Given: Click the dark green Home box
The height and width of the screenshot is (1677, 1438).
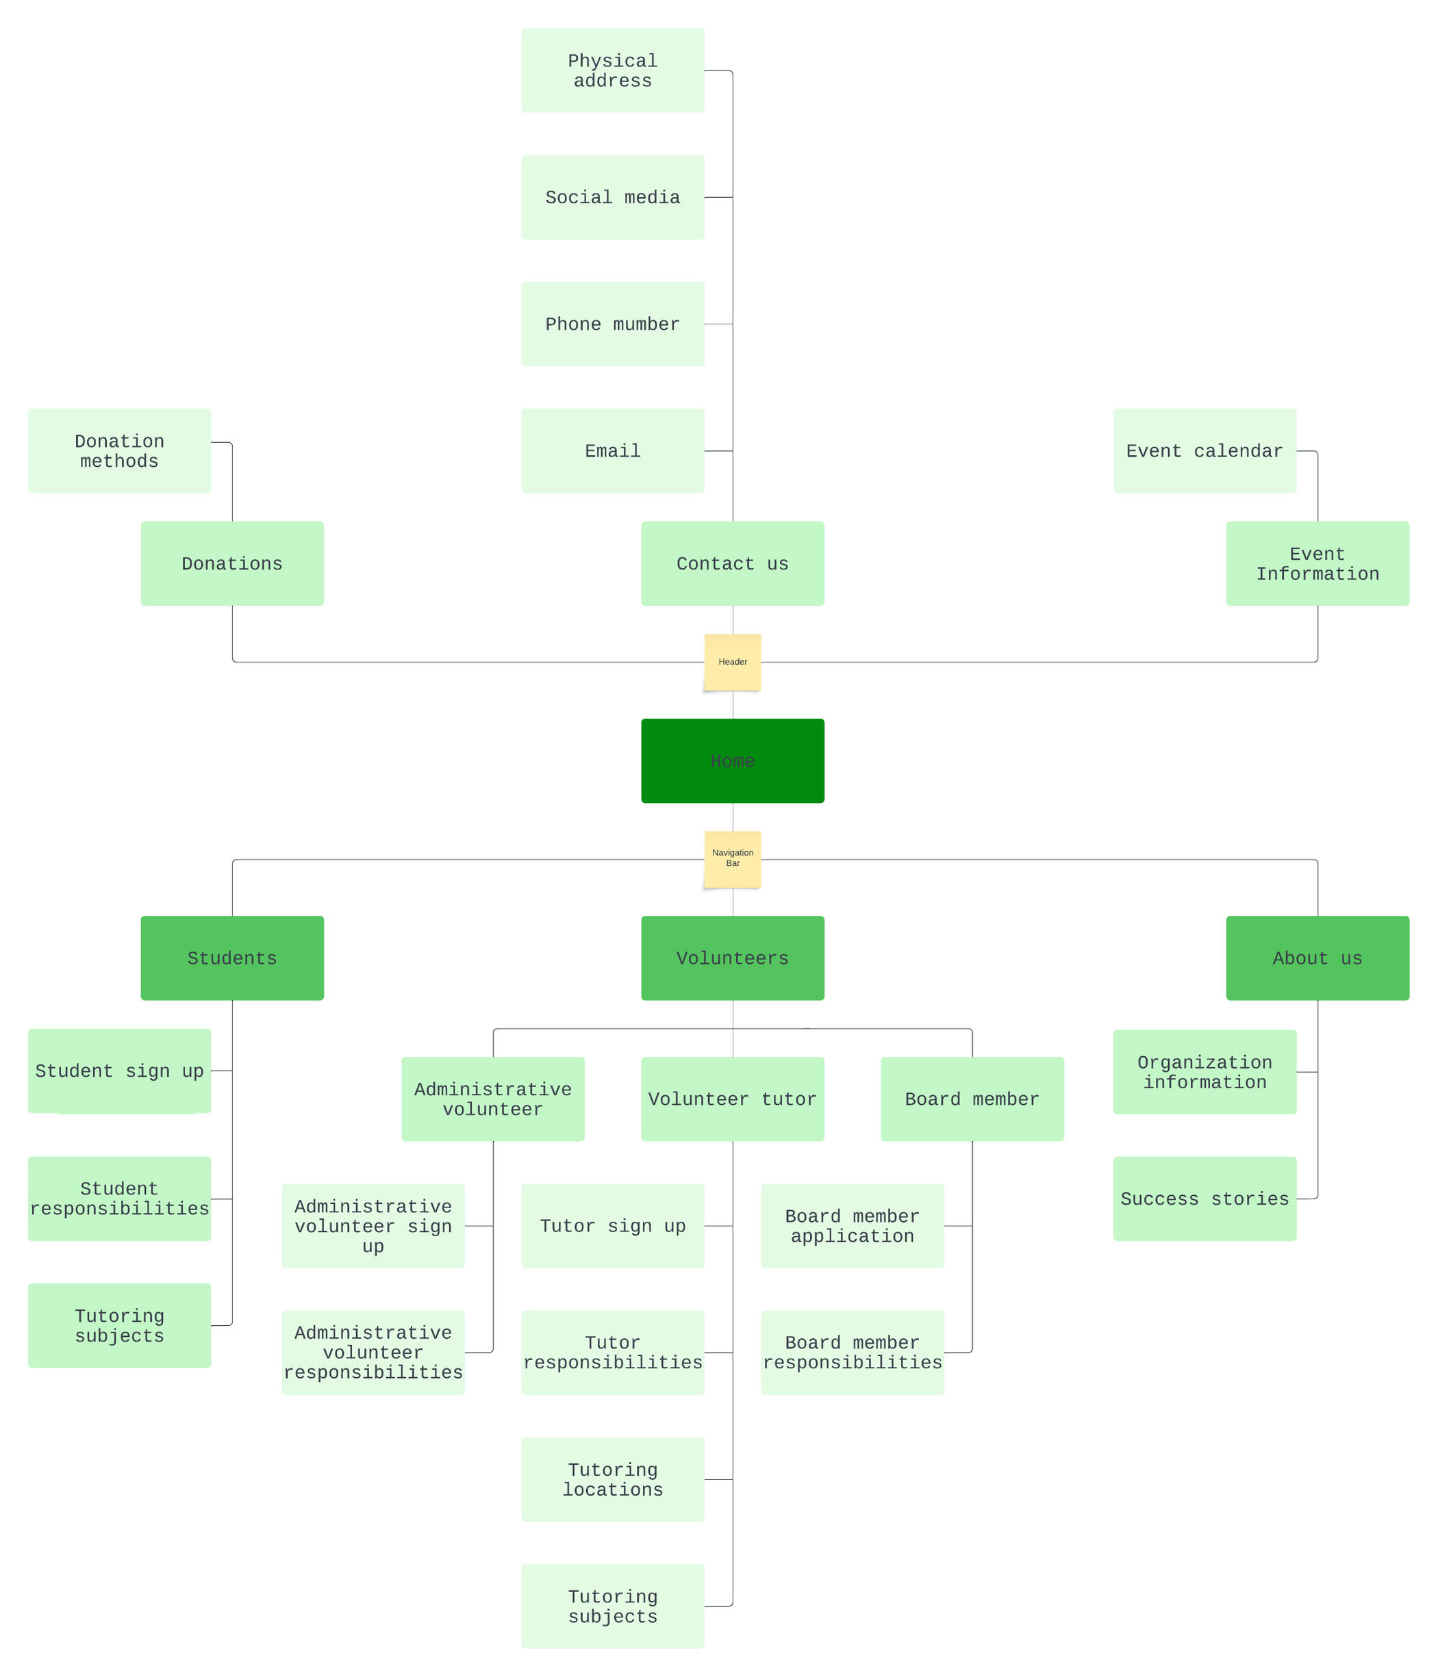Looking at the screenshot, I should point(732,760).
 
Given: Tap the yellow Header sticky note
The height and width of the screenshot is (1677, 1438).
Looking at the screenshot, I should point(732,661).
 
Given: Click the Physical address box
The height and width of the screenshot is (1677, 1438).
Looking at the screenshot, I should point(612,71).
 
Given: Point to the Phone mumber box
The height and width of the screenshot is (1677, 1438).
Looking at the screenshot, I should point(612,324).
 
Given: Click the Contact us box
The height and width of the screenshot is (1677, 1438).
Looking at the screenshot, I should point(732,563).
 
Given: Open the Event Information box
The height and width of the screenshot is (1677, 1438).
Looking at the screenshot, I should point(1317,563).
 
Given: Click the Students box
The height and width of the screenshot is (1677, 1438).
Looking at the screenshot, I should point(231,958).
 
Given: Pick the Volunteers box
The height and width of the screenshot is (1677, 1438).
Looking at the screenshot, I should point(732,958).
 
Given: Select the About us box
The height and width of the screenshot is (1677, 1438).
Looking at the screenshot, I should point(1317,958).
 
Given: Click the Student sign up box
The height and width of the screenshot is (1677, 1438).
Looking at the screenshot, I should point(119,1070).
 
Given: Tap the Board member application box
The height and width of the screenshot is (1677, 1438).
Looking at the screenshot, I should point(852,1225).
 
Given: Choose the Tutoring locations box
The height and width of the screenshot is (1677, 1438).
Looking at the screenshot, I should point(612,1478).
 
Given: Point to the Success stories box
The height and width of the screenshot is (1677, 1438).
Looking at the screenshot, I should point(1204,1198).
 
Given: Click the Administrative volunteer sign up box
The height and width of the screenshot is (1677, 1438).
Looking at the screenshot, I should point(373,1225).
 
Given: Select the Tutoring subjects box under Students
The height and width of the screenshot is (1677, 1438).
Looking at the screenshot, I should point(119,1325).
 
